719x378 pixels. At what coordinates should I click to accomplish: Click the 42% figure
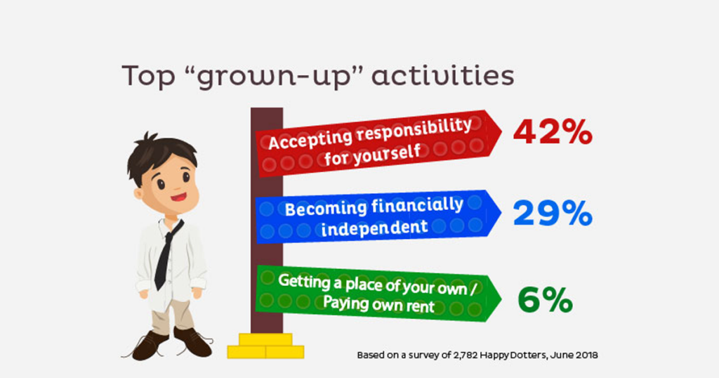[553, 133]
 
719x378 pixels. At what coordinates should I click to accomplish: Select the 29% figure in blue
[553, 214]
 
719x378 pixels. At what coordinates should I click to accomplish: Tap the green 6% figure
[545, 300]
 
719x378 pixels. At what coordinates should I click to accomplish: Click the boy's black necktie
[167, 254]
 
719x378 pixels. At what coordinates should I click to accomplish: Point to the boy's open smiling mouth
[178, 198]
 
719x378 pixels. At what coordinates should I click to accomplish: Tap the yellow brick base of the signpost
[265, 346]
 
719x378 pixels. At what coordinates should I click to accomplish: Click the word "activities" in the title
[442, 76]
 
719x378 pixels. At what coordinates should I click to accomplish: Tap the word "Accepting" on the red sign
[310, 139]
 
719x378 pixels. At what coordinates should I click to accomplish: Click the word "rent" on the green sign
[420, 306]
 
